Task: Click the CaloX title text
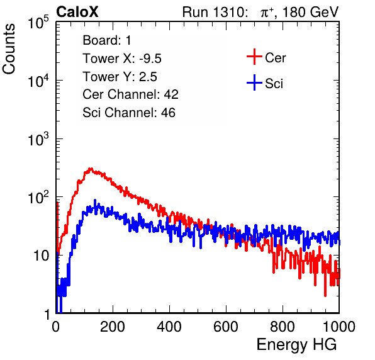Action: coord(77,12)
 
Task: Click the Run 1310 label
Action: coord(215,12)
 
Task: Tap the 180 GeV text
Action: coord(310,12)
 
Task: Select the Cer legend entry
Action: coord(266,57)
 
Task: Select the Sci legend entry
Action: coord(265,83)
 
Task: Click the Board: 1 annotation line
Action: coord(107,40)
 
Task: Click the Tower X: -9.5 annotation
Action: coord(122,59)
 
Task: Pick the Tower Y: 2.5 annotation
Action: coord(120,77)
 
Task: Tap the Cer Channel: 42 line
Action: coord(131,94)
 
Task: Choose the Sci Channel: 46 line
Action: coord(129,113)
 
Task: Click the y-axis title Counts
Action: coord(9,49)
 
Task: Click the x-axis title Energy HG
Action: coord(296,345)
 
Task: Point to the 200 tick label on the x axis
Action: coord(113,327)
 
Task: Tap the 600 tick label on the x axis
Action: coord(226,327)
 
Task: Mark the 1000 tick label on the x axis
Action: coord(339,327)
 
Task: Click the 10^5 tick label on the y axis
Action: coord(38,22)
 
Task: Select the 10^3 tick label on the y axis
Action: coord(38,138)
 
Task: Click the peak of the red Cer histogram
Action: coord(90,169)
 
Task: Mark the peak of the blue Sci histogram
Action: coord(95,200)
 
